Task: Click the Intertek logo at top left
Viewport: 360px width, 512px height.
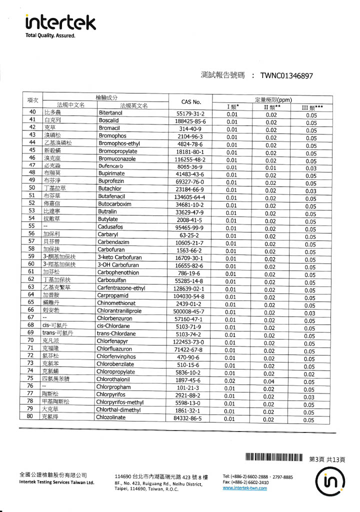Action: (x=60, y=21)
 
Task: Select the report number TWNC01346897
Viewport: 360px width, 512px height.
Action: (x=286, y=76)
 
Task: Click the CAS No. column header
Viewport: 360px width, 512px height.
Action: (x=190, y=101)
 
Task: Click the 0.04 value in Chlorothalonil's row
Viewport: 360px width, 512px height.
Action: (x=270, y=381)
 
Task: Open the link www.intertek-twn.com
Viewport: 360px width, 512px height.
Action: (x=244, y=488)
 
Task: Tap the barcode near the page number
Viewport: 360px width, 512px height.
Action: (x=274, y=457)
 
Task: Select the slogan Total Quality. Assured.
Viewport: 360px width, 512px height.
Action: (x=50, y=35)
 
